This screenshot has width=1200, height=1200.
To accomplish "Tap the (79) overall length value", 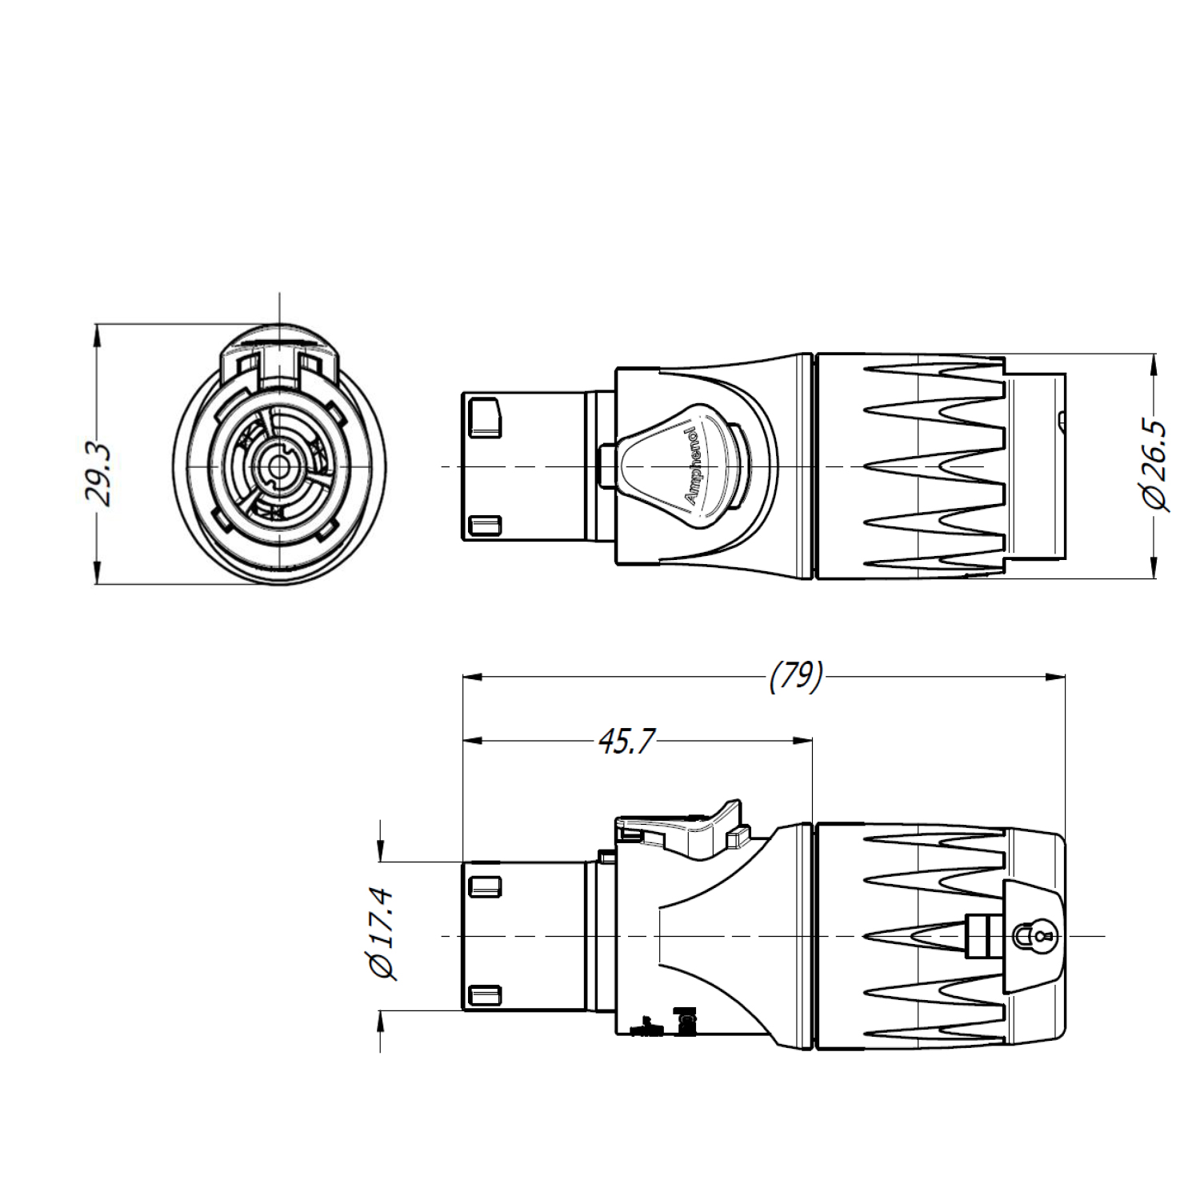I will [795, 677].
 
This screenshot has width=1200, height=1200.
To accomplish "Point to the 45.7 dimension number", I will [626, 742].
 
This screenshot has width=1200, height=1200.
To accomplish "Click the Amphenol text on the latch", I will [691, 466].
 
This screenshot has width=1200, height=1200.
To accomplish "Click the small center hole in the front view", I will [278, 466].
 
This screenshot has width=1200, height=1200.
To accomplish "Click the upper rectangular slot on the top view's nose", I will [485, 418].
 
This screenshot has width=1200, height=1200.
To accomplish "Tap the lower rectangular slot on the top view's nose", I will [485, 526].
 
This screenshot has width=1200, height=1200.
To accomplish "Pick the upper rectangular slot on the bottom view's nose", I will [485, 886].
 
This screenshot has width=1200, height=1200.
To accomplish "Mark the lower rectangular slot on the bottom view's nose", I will [485, 996].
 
